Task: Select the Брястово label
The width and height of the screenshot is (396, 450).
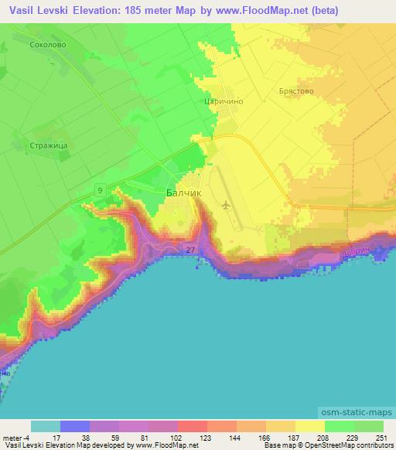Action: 295,90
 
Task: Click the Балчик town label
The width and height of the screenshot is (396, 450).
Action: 183,196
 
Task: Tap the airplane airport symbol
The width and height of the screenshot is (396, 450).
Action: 225,205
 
